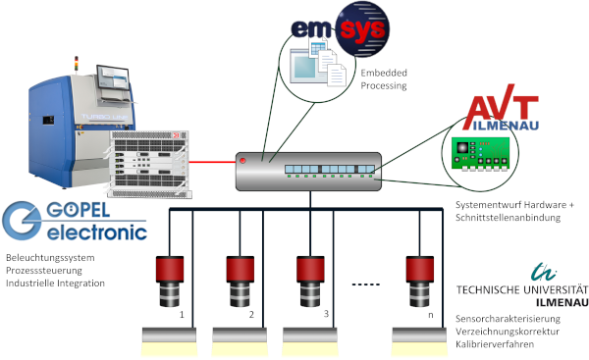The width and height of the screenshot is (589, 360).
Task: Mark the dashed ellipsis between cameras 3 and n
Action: (x=367, y=285)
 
